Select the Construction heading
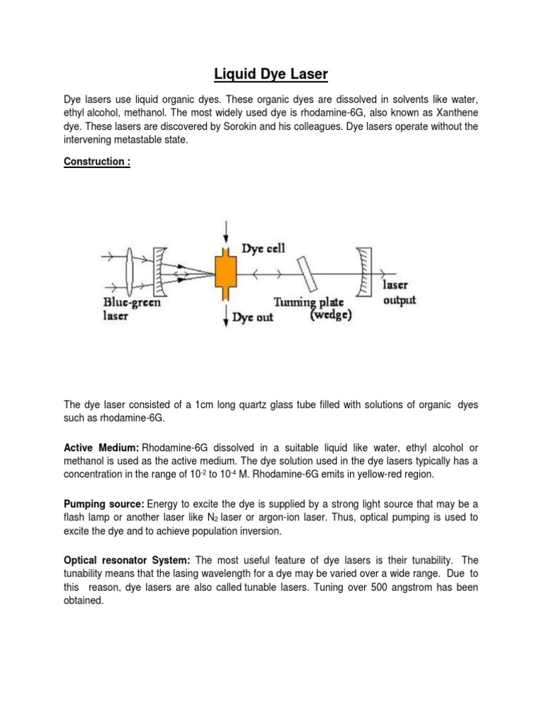click(92, 161)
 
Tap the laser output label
click(399, 293)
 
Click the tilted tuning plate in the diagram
click(308, 272)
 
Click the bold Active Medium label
click(102, 449)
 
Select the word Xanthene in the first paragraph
click(453, 113)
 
